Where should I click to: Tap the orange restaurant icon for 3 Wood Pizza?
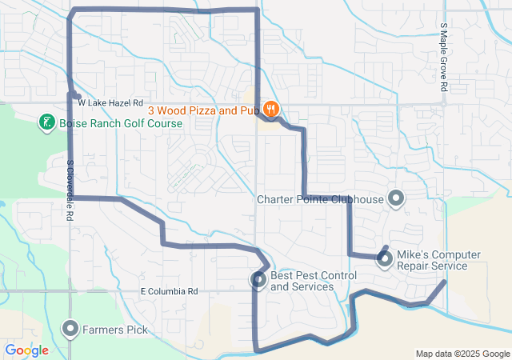[x=271, y=109]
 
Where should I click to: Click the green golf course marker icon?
[x=47, y=122]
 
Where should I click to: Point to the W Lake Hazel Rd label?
[x=110, y=103]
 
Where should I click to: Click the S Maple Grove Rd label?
[x=443, y=57]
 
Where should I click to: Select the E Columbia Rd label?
[x=168, y=292]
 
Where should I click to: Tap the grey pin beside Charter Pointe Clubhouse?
[x=395, y=198]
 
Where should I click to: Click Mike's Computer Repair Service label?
[x=438, y=260]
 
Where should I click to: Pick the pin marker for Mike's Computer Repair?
[x=385, y=258]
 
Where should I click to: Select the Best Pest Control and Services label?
[x=313, y=281]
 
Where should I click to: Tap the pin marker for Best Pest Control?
[x=258, y=279]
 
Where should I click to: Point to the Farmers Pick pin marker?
[x=70, y=328]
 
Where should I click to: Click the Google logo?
[x=26, y=350]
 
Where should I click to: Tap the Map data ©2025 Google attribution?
[x=462, y=354]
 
